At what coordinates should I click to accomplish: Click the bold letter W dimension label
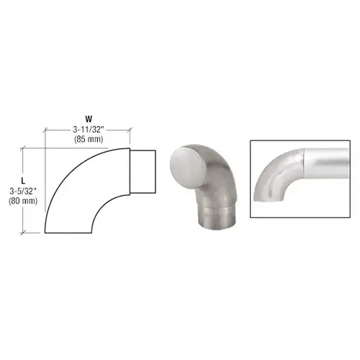pyautogui.click(x=89, y=119)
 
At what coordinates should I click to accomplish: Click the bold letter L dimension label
pyautogui.click(x=23, y=181)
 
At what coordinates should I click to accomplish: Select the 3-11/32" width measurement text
pyautogui.click(x=89, y=130)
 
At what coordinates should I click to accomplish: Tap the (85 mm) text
pyautogui.click(x=89, y=139)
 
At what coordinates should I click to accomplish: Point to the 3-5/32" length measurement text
pyautogui.click(x=23, y=192)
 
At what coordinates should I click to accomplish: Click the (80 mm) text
pyautogui.click(x=23, y=201)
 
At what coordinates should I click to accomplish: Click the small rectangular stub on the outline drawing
pyautogui.click(x=143, y=171)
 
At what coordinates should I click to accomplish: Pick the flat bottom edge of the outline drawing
pyautogui.click(x=68, y=233)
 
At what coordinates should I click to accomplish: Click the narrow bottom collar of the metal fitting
pyautogui.click(x=216, y=217)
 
